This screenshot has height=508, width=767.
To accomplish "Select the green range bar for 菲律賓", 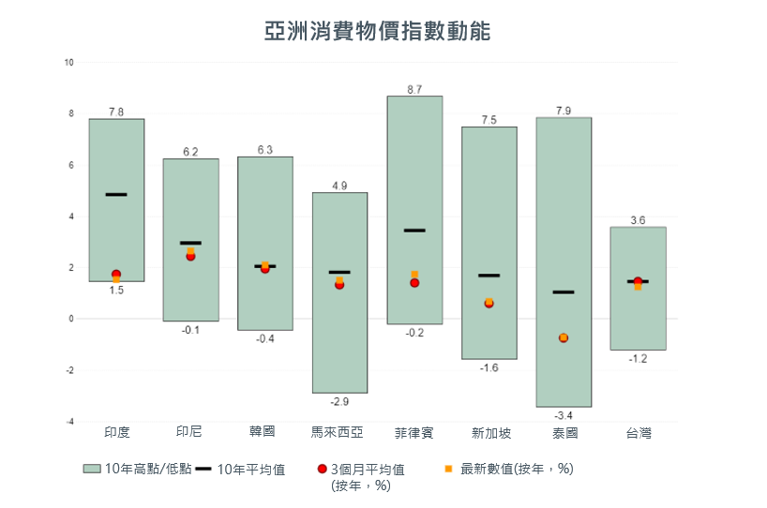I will pyautogui.click(x=414, y=169).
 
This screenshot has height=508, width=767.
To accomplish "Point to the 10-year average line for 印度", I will pyautogui.click(x=116, y=194).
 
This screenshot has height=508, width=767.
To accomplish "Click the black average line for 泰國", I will pyautogui.click(x=564, y=292).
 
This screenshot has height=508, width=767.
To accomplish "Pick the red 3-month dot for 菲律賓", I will pyautogui.click(x=414, y=283).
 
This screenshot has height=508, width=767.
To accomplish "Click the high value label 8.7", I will pyautogui.click(x=414, y=89).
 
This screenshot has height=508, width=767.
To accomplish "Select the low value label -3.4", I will pyautogui.click(x=564, y=415).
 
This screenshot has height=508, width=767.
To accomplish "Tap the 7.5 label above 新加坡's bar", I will pyautogui.click(x=489, y=120).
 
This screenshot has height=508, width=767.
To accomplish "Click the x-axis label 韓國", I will pyautogui.click(x=265, y=432).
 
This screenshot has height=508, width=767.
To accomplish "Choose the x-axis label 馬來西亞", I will pyautogui.click(x=338, y=432).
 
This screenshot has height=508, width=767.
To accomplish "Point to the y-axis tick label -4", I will pyautogui.click(x=68, y=422).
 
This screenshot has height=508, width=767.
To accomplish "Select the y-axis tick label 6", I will pyautogui.click(x=69, y=166).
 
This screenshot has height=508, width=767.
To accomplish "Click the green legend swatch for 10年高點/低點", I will pyautogui.click(x=92, y=469).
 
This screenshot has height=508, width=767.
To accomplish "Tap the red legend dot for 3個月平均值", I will pyautogui.click(x=323, y=469).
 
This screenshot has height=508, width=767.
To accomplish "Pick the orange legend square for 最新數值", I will pyautogui.click(x=448, y=469).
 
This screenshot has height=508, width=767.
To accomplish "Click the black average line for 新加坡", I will pyautogui.click(x=489, y=276).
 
